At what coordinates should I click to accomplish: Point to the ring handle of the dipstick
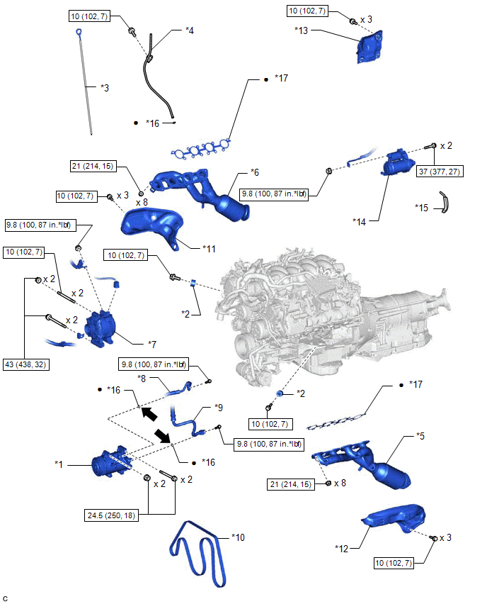[x=79, y=32]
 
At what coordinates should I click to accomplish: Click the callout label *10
[x=238, y=537]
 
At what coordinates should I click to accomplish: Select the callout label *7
[x=152, y=344]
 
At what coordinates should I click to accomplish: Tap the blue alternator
[x=99, y=328]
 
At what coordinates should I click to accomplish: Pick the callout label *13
[x=302, y=30]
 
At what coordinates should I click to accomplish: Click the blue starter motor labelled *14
[x=398, y=163]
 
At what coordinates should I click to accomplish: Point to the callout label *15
[x=421, y=208]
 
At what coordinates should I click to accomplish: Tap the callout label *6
[x=255, y=172]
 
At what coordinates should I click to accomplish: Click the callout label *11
[x=209, y=249]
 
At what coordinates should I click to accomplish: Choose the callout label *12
[x=341, y=548]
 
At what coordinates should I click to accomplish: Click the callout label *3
[x=105, y=88]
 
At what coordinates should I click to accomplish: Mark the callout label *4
[x=189, y=30]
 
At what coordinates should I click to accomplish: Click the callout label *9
[x=219, y=408]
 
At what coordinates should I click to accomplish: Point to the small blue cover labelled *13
[x=369, y=47]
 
